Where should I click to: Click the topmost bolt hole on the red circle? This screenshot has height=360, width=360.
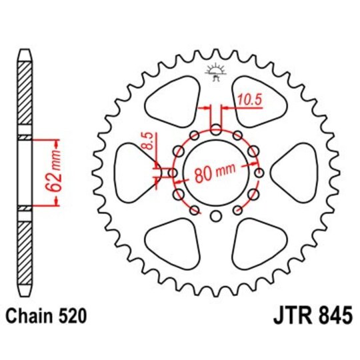coord(215,129)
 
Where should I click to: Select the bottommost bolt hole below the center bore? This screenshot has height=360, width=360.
coord(215,215)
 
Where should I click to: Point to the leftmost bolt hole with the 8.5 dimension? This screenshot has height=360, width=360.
coord(173,173)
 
